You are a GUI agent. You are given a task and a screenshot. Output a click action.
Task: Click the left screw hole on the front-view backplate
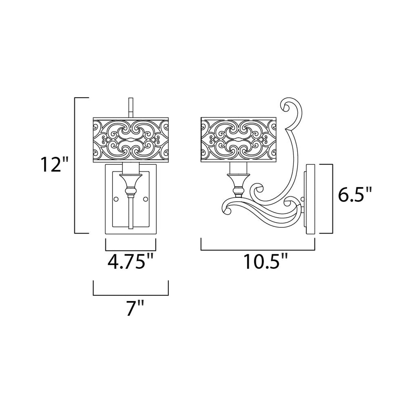(x=116, y=199)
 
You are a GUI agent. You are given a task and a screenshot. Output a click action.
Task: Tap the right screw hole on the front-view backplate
(x=145, y=199)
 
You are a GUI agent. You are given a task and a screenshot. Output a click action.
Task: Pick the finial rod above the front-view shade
(x=130, y=107)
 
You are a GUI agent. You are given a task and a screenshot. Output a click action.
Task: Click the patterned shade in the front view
(x=131, y=140)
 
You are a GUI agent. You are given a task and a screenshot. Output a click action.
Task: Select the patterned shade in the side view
(x=239, y=140)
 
